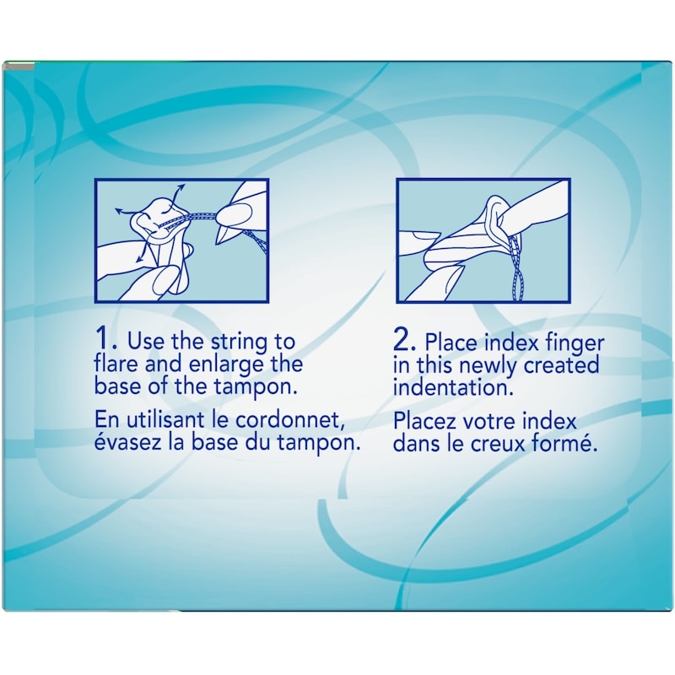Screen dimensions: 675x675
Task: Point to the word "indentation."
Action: point(454,387)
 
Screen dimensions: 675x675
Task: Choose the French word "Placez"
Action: point(425,421)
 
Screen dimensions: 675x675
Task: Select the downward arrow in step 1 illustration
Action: point(142,251)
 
